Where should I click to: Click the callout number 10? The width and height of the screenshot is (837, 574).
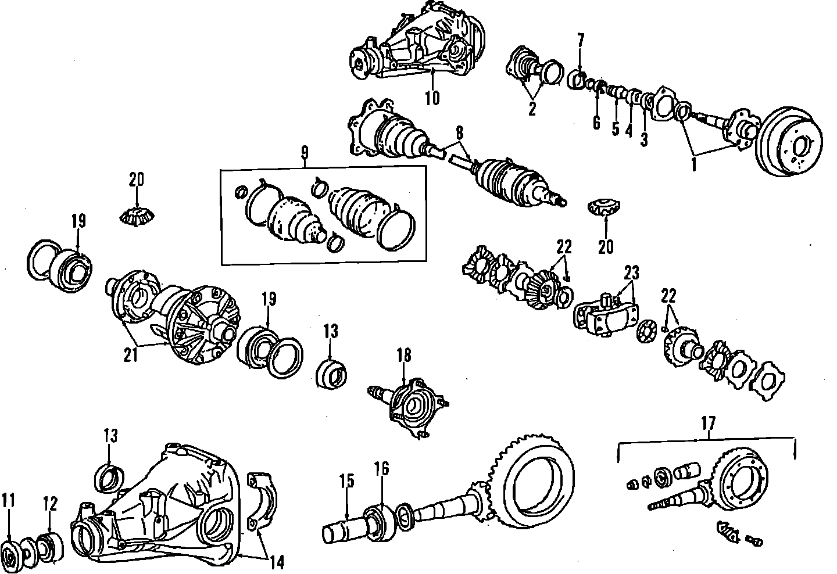pyautogui.click(x=432, y=97)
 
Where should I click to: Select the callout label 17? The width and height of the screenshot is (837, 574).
pyautogui.click(x=709, y=424)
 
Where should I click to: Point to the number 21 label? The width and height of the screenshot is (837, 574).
pyautogui.click(x=130, y=354)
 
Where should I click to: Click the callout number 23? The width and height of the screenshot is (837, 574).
pyautogui.click(x=632, y=272)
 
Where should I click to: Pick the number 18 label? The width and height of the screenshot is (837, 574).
pyautogui.click(x=403, y=354)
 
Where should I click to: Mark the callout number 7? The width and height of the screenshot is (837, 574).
pyautogui.click(x=580, y=40)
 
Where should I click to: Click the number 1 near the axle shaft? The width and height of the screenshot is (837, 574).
pyautogui.click(x=693, y=164)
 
